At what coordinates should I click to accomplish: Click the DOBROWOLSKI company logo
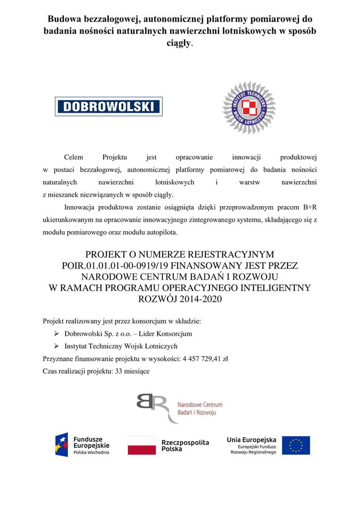[x=109, y=106]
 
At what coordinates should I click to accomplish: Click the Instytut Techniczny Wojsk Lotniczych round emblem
[x=248, y=108]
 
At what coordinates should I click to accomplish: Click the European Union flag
[x=295, y=445]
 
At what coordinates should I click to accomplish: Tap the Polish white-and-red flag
[x=142, y=446]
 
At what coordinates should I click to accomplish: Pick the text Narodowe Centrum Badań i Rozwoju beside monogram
[x=199, y=409]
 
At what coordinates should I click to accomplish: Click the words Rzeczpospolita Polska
[x=185, y=445]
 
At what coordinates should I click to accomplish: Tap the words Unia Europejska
[x=251, y=439]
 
